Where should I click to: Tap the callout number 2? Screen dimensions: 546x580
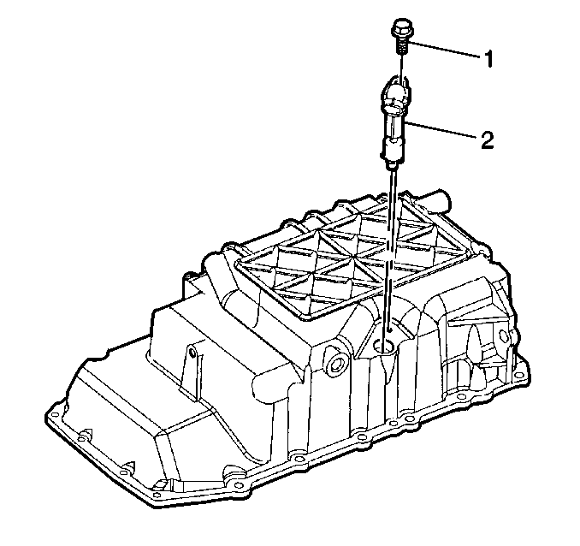coord(487,139)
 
